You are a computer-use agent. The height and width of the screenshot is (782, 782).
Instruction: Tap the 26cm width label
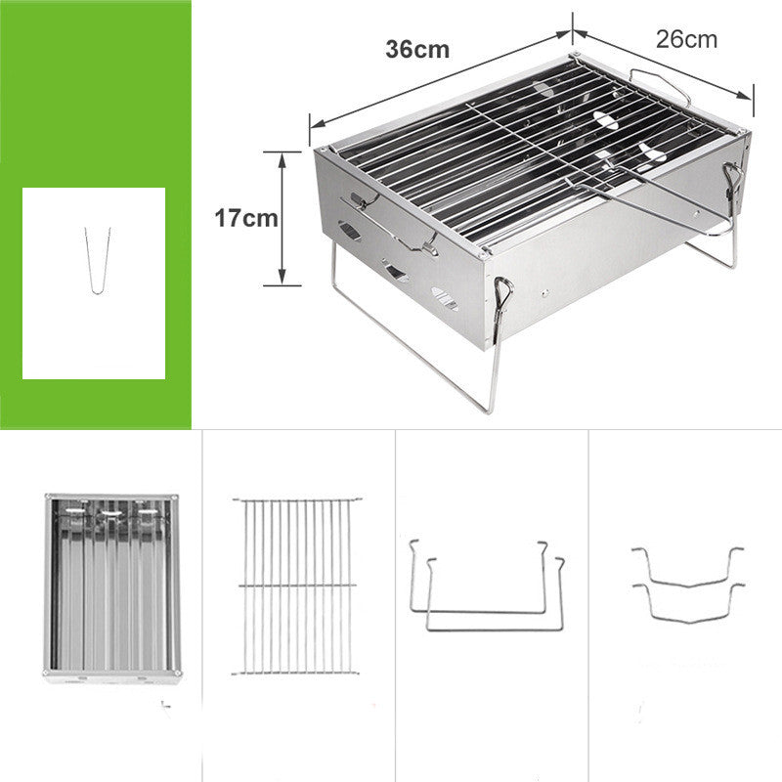[x=686, y=40]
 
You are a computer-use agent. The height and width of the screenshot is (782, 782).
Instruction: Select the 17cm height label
[x=246, y=218]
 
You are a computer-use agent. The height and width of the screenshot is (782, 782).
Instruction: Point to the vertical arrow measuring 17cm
[x=282, y=218]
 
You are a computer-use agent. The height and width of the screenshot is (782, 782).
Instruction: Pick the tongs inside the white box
[x=97, y=260]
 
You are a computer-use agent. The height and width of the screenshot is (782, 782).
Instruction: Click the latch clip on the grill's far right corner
[x=731, y=181]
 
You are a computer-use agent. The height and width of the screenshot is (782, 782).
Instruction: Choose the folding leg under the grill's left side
[x=415, y=342]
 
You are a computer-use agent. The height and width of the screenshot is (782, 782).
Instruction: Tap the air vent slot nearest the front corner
[x=444, y=300]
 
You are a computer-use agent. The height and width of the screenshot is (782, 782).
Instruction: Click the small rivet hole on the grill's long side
[x=543, y=291]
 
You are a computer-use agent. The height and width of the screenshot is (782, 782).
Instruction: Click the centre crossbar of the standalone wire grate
[x=296, y=586]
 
